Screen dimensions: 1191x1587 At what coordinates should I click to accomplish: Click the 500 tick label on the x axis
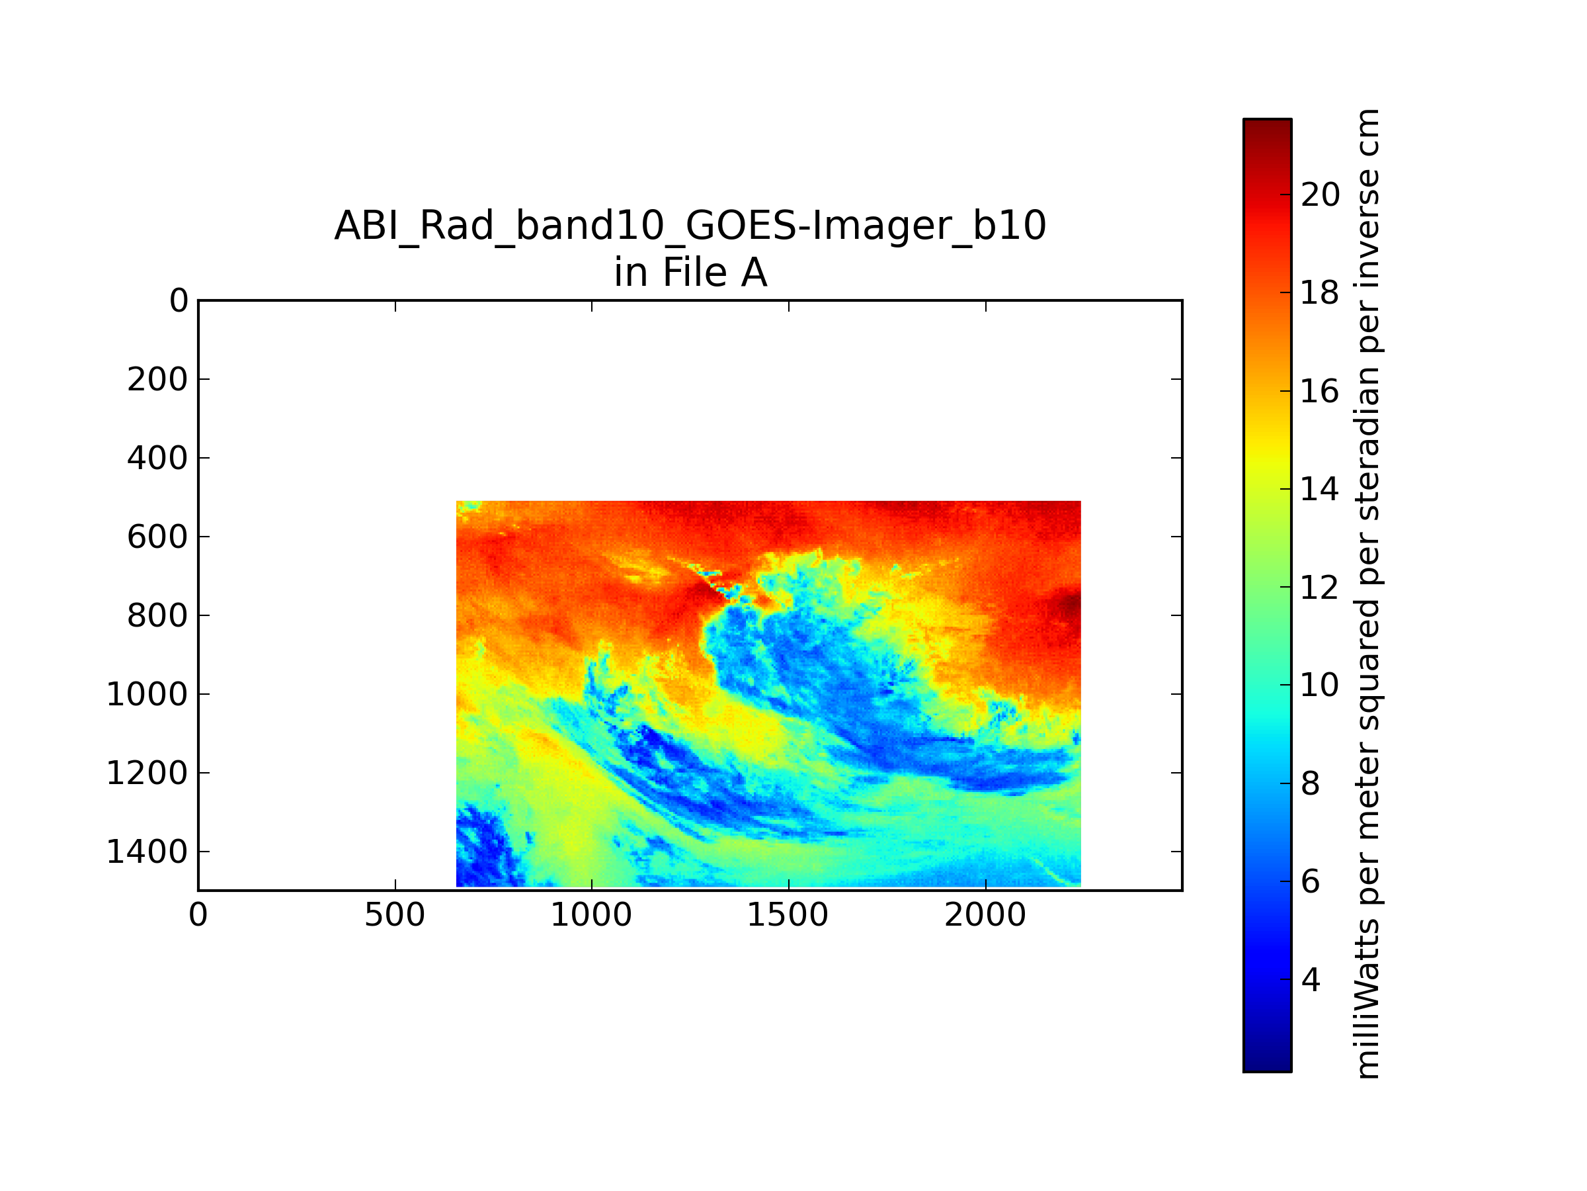point(395,914)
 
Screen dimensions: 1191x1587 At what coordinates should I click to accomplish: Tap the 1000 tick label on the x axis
point(591,914)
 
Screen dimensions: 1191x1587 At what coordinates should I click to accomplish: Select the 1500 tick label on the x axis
point(788,914)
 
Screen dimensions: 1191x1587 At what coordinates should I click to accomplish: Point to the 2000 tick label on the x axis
point(985,914)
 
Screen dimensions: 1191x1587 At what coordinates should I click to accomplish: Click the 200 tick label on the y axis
point(157,379)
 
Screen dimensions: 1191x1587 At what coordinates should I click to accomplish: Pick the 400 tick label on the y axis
point(157,458)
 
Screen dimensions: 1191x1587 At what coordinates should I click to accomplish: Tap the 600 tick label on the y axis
point(157,537)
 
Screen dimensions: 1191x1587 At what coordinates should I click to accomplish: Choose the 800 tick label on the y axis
point(157,615)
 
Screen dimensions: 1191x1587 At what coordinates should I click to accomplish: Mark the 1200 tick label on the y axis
point(147,773)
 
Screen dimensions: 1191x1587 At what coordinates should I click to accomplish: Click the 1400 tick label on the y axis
point(147,852)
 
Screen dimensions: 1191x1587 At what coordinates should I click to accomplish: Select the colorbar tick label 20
point(1320,195)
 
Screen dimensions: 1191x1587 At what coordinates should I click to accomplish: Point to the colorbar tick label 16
point(1320,391)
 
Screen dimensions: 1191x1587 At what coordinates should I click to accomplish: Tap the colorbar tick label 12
point(1320,588)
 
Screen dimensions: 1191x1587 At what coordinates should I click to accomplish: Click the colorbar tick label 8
point(1311,783)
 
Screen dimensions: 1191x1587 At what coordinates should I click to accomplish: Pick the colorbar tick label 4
point(1311,980)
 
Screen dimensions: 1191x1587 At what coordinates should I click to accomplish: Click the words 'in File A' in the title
point(690,273)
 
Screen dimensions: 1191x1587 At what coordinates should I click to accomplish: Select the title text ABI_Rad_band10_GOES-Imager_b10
point(690,226)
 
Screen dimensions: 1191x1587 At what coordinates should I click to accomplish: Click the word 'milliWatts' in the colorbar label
point(1368,998)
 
